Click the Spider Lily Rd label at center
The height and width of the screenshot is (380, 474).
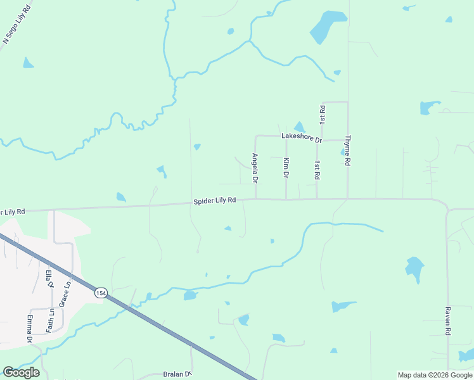(215, 200)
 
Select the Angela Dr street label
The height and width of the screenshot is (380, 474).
(255, 168)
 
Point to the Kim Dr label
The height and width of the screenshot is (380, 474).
(286, 168)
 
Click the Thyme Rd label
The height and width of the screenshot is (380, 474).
(347, 150)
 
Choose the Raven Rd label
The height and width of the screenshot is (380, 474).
(447, 321)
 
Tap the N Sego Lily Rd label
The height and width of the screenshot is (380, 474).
(17, 25)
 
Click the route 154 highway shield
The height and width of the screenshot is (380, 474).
(100, 293)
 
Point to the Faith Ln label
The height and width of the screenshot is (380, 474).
(49, 320)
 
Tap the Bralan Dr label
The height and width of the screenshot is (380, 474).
(177, 374)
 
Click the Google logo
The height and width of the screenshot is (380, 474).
(21, 372)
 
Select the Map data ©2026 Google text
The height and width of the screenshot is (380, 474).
(434, 375)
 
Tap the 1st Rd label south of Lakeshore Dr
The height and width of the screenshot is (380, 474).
(317, 169)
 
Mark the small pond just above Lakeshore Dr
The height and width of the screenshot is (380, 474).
(299, 127)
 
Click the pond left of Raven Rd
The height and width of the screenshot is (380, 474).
(414, 270)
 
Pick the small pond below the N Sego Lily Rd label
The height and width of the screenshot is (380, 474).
(28, 63)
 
